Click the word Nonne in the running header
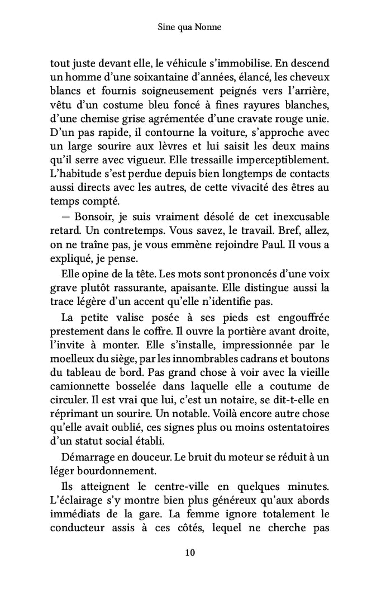pos(208,27)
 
